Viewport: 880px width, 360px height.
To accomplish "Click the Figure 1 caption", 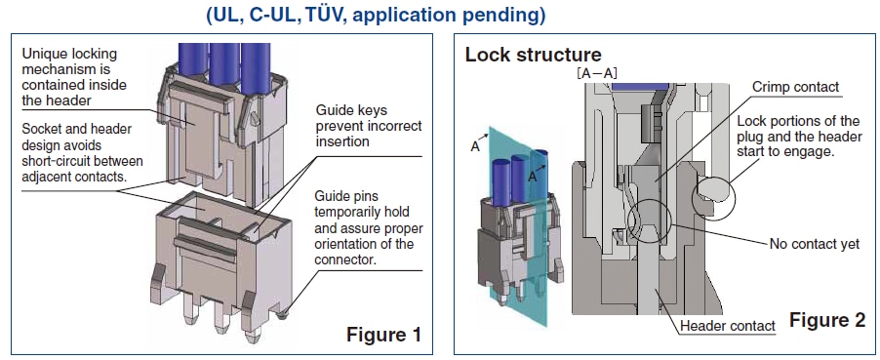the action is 383,335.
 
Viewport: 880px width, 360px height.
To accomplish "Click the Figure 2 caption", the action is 828,320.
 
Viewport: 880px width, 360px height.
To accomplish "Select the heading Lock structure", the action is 533,55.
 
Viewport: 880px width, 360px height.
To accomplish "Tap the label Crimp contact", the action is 795,87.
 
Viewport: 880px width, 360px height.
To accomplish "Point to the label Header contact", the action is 728,326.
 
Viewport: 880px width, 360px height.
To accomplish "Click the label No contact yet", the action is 815,244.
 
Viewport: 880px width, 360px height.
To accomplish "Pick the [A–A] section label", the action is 597,72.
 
